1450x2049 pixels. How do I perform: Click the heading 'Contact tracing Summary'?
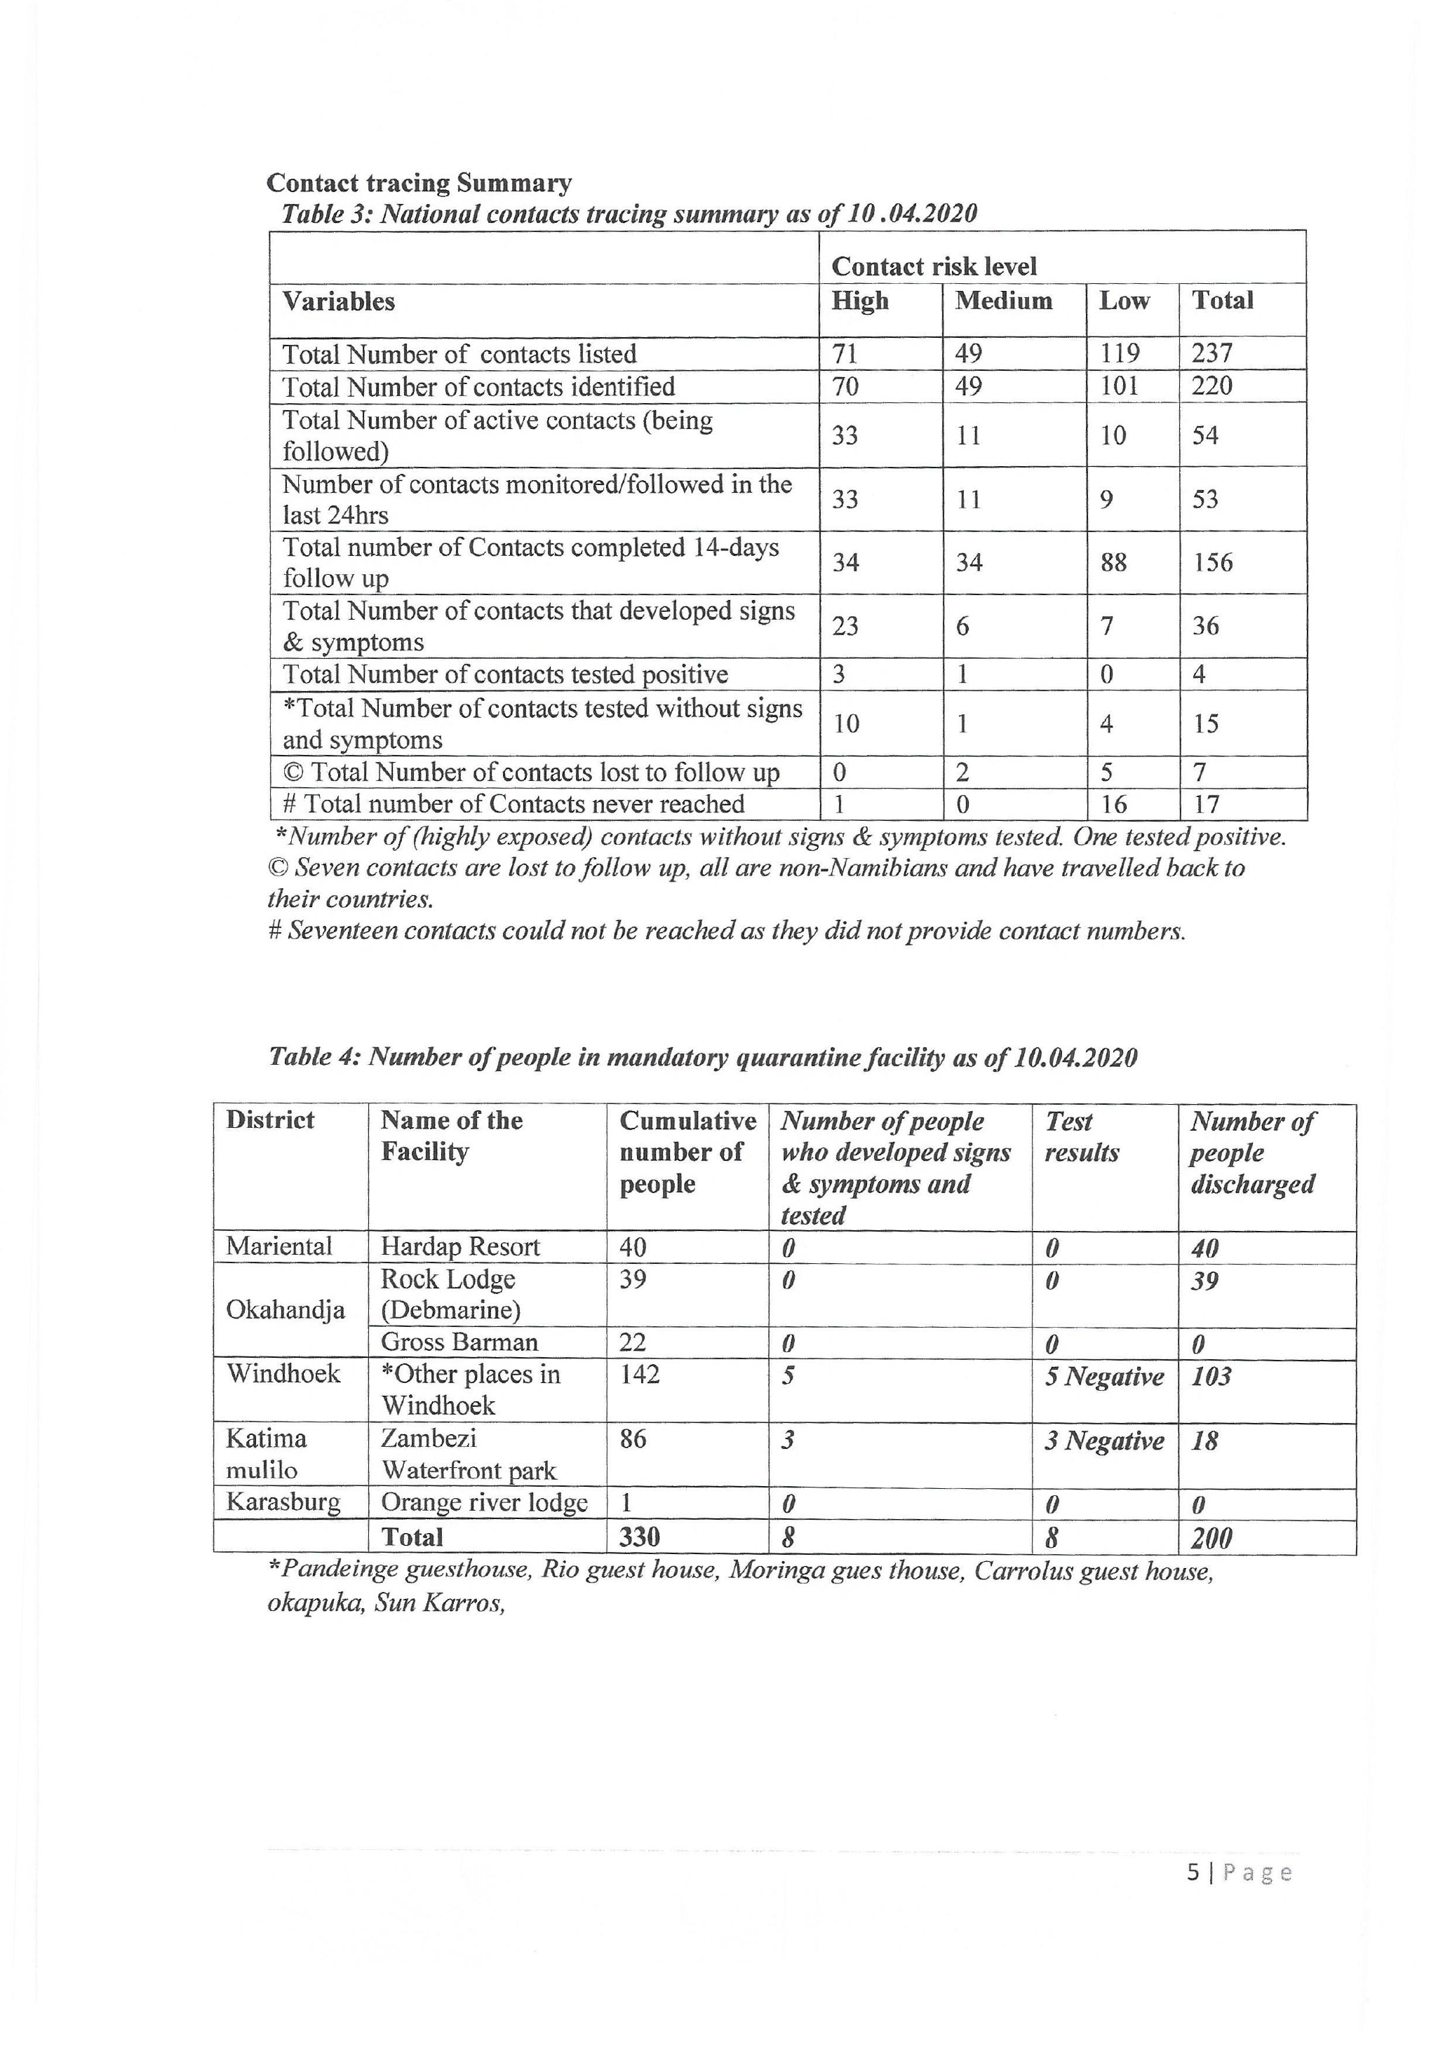419,183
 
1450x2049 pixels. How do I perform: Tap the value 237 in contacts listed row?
1211,353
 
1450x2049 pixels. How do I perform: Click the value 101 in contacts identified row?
1119,386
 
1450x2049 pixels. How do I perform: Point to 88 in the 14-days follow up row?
1113,562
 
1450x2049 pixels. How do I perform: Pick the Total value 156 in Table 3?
1212,562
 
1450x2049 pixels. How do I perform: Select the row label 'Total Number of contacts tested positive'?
505,674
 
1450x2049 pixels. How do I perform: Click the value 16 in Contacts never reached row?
1113,804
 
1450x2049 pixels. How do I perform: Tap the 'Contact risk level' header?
934,266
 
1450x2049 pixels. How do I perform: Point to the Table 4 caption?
703,1058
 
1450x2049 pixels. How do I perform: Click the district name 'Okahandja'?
285,1309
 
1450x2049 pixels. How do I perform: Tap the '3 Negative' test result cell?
1103,1441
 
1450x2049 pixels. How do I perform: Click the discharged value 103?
1211,1376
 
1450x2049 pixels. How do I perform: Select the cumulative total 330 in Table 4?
639,1537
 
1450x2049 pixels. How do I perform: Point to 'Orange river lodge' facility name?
484,1503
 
